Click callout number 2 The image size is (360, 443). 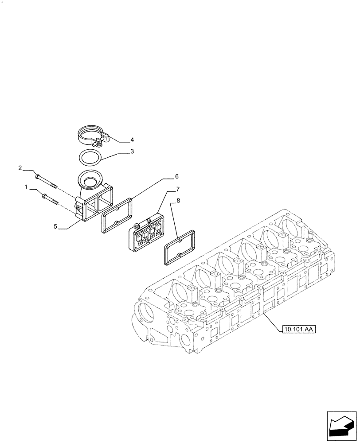coord(20,168)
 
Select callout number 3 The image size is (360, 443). coord(132,152)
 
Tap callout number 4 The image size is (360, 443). coord(132,140)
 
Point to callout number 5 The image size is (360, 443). coord(55,226)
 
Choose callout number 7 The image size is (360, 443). coord(177,189)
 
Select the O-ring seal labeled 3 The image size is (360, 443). coord(89,156)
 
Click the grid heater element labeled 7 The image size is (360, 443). coord(145,232)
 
